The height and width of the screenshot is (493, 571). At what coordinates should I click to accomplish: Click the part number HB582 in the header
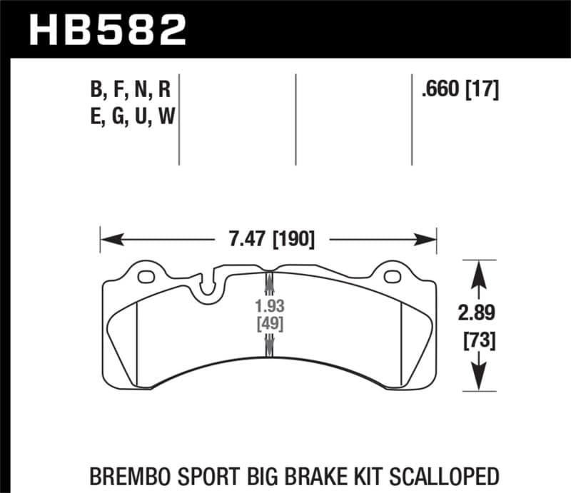(x=106, y=28)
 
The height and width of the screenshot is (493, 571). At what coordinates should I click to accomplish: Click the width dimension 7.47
(x=245, y=238)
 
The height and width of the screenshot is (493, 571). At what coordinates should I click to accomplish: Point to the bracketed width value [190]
(x=293, y=238)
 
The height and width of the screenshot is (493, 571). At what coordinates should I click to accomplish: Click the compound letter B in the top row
(x=96, y=91)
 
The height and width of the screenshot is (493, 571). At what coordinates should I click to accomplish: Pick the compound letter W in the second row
(x=166, y=116)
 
